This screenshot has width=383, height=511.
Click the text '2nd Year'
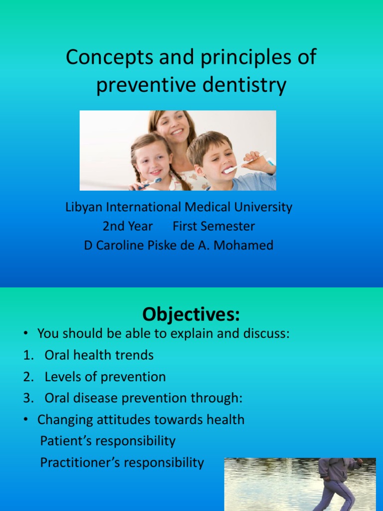coord(128,226)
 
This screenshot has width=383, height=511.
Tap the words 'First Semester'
coord(213,226)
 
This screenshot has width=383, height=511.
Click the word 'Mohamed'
coord(249,245)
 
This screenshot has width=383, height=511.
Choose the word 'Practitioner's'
coord(81,463)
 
